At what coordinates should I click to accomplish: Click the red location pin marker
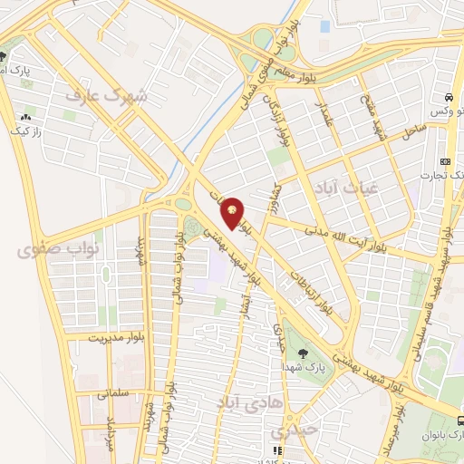coord(233,213)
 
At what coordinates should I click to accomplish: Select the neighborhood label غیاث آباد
coord(345,185)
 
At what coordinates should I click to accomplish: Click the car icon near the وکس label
coord(448,96)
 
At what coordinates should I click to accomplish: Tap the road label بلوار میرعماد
coord(393,435)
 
